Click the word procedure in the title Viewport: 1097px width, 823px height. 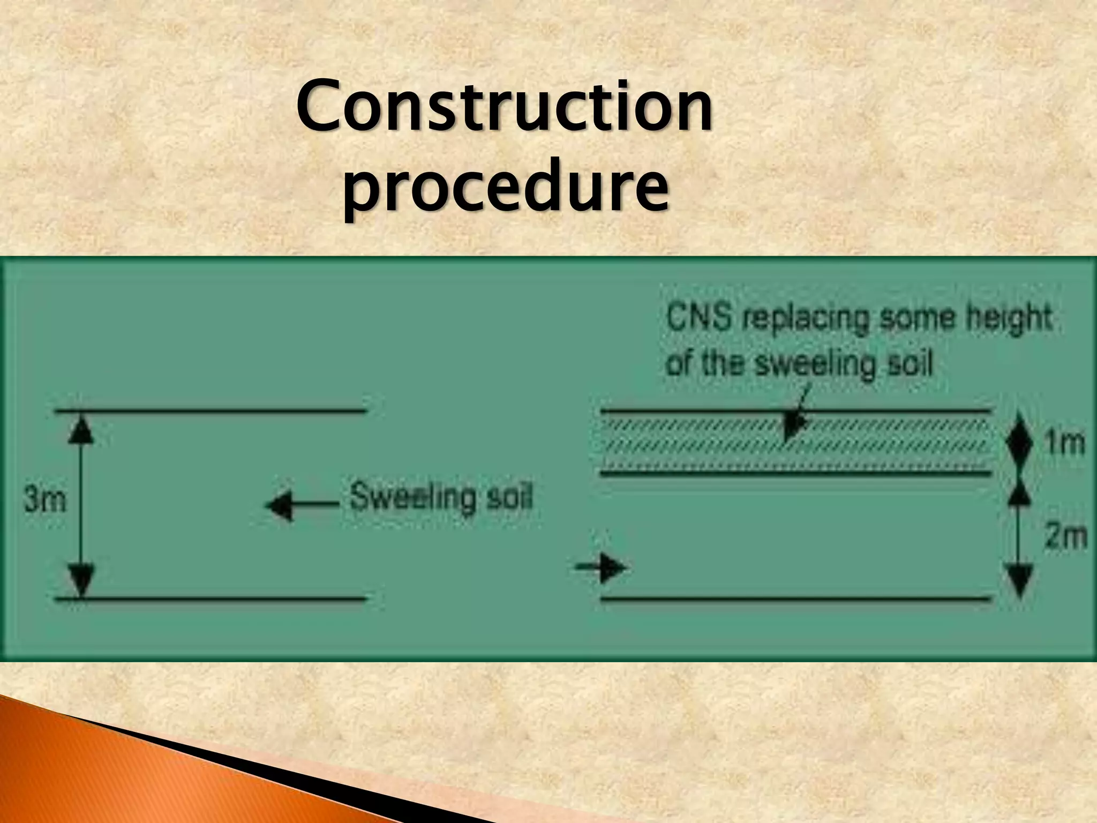(506, 188)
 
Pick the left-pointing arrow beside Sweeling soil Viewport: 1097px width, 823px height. (284, 505)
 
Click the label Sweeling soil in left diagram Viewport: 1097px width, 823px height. (441, 497)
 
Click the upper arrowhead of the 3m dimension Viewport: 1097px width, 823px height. (81, 429)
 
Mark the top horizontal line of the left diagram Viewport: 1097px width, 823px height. (211, 411)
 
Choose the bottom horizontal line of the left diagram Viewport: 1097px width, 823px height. (211, 598)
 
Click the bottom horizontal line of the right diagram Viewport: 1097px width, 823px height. (795, 598)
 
